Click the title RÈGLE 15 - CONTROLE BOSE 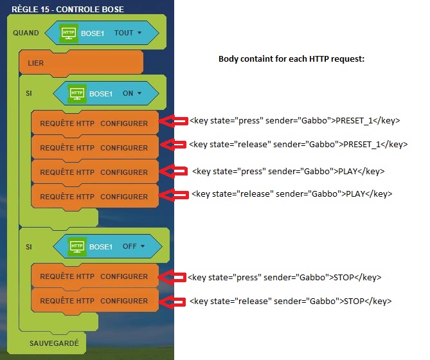(x=67, y=9)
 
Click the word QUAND (x=26, y=33)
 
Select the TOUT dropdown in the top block (x=128, y=33)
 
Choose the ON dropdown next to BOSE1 (x=131, y=93)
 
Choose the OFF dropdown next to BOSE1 (x=133, y=246)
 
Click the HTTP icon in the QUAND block (x=68, y=33)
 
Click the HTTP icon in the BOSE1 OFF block (x=76, y=246)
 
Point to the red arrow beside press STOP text (x=172, y=277)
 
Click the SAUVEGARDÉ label (x=54, y=343)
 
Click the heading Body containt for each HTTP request (x=292, y=59)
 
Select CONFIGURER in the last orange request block (x=124, y=301)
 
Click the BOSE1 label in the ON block (x=101, y=93)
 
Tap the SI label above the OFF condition (x=29, y=246)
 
